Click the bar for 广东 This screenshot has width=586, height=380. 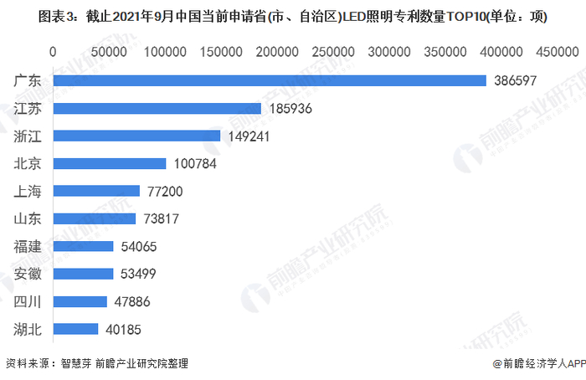270,80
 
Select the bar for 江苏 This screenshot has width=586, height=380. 157,108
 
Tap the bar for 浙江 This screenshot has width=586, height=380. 136,136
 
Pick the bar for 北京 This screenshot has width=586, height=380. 110,163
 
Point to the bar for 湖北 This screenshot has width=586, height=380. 75,329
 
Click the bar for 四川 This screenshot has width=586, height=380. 80,301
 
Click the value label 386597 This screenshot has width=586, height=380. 515,81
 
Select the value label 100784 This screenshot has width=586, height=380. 194,164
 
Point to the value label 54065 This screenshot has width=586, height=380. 137,247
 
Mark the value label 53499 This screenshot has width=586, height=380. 137,275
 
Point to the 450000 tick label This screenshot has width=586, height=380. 557,52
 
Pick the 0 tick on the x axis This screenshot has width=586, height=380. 54,52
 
